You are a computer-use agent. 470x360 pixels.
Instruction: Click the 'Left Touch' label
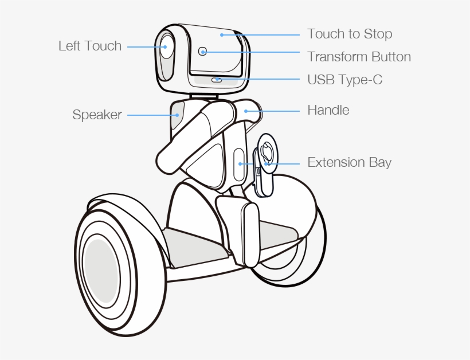pyautogui.click(x=90, y=46)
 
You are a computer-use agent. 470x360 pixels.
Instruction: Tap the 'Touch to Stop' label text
pyautogui.click(x=350, y=34)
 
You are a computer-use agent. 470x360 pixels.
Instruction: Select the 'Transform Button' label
pyautogui.click(x=359, y=57)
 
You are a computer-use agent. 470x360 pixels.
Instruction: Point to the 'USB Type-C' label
pyautogui.click(x=344, y=80)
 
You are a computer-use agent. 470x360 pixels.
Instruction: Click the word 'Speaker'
pyautogui.click(x=97, y=115)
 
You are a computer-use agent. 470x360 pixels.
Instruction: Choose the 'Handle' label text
pyautogui.click(x=328, y=109)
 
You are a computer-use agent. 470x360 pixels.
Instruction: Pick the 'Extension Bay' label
pyautogui.click(x=349, y=162)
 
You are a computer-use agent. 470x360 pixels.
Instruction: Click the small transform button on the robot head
pyautogui.click(x=202, y=52)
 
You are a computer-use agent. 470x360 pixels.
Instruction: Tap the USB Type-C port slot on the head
pyautogui.click(x=217, y=80)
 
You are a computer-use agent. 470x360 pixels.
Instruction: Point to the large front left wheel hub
pyautogui.click(x=101, y=271)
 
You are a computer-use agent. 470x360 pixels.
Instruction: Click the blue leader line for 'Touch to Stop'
pyautogui.click(x=261, y=34)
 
